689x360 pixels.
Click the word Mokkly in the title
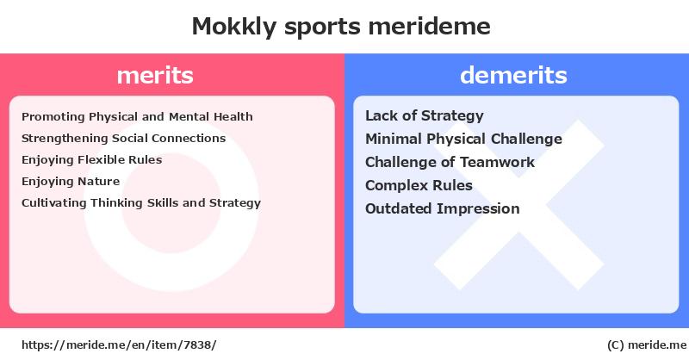point(234,27)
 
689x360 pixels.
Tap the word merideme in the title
point(429,26)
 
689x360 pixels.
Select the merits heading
point(155,75)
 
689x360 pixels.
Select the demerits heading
point(513,75)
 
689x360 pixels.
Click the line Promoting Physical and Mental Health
point(137,117)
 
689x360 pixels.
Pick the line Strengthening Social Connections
point(123,139)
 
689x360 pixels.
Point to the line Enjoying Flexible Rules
point(92,160)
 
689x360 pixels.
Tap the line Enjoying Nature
point(71,182)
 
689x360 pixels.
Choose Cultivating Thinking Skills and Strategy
point(141,203)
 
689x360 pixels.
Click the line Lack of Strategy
point(425,116)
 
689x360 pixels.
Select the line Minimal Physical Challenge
point(464,140)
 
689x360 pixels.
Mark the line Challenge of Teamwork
point(450,162)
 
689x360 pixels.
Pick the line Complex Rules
point(419,185)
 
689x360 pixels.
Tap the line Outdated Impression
point(443,208)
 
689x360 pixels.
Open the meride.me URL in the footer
point(119,345)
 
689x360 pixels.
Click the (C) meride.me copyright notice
point(647,345)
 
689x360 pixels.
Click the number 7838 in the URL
point(197,345)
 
